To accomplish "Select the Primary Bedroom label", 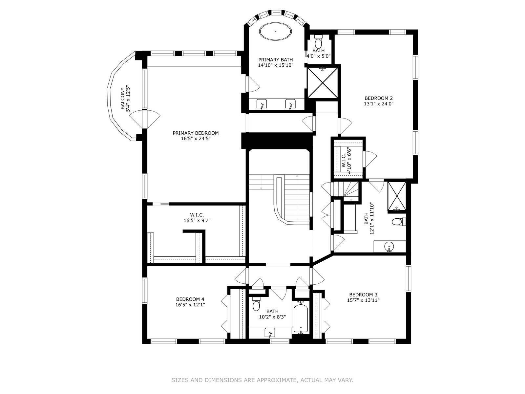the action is click(196, 133).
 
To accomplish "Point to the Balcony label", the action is click(122, 98).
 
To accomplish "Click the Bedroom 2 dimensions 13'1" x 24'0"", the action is click(379, 104).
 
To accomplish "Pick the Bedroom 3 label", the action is click(363, 295).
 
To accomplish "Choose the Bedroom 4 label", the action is click(190, 299).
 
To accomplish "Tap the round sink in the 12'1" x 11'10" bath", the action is click(389, 247).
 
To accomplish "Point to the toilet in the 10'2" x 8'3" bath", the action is click(256, 304).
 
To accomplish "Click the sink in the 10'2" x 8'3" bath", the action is click(270, 333).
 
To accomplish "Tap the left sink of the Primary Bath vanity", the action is click(262, 104).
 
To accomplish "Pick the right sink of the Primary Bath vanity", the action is click(290, 104).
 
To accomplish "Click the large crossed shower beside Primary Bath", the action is click(323, 82).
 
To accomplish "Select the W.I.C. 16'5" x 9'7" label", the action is click(197, 217).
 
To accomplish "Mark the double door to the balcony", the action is click(145, 119).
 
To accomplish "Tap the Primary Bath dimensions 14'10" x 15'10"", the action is click(276, 65).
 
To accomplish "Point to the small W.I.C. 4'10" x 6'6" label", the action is click(346, 161).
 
